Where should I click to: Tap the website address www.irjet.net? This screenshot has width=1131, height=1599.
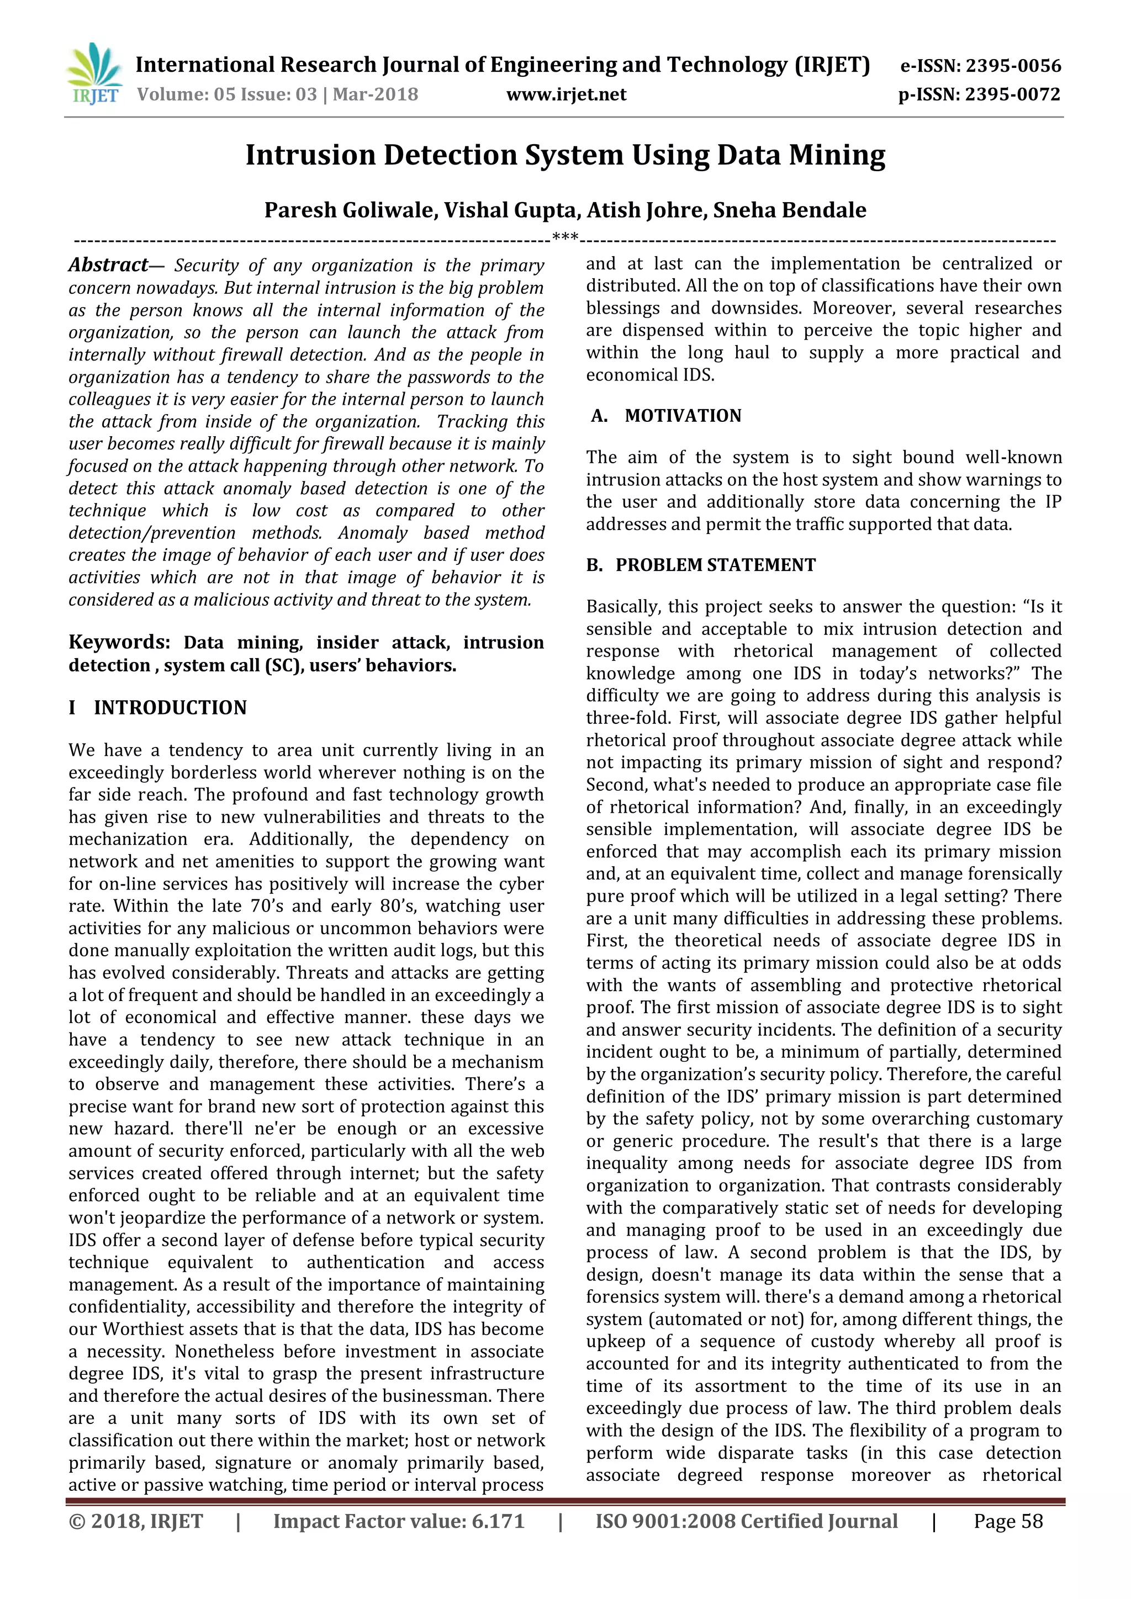point(565,95)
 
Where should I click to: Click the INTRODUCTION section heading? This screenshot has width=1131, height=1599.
point(170,708)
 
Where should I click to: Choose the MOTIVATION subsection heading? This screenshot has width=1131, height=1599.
point(683,416)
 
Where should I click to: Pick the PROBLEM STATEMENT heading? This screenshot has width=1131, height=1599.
point(715,565)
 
